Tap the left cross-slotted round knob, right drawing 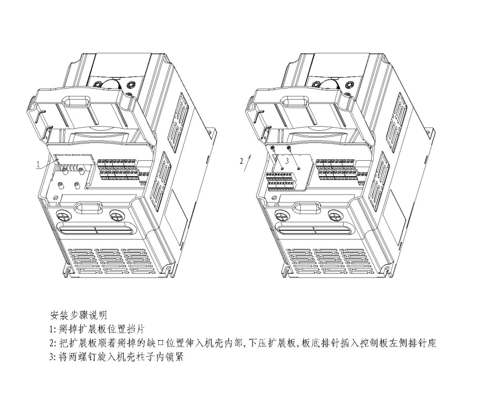click(281, 216)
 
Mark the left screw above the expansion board click(273, 150)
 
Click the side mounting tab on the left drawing click(214, 133)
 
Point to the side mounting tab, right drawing click(431, 133)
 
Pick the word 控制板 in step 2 click(373, 343)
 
